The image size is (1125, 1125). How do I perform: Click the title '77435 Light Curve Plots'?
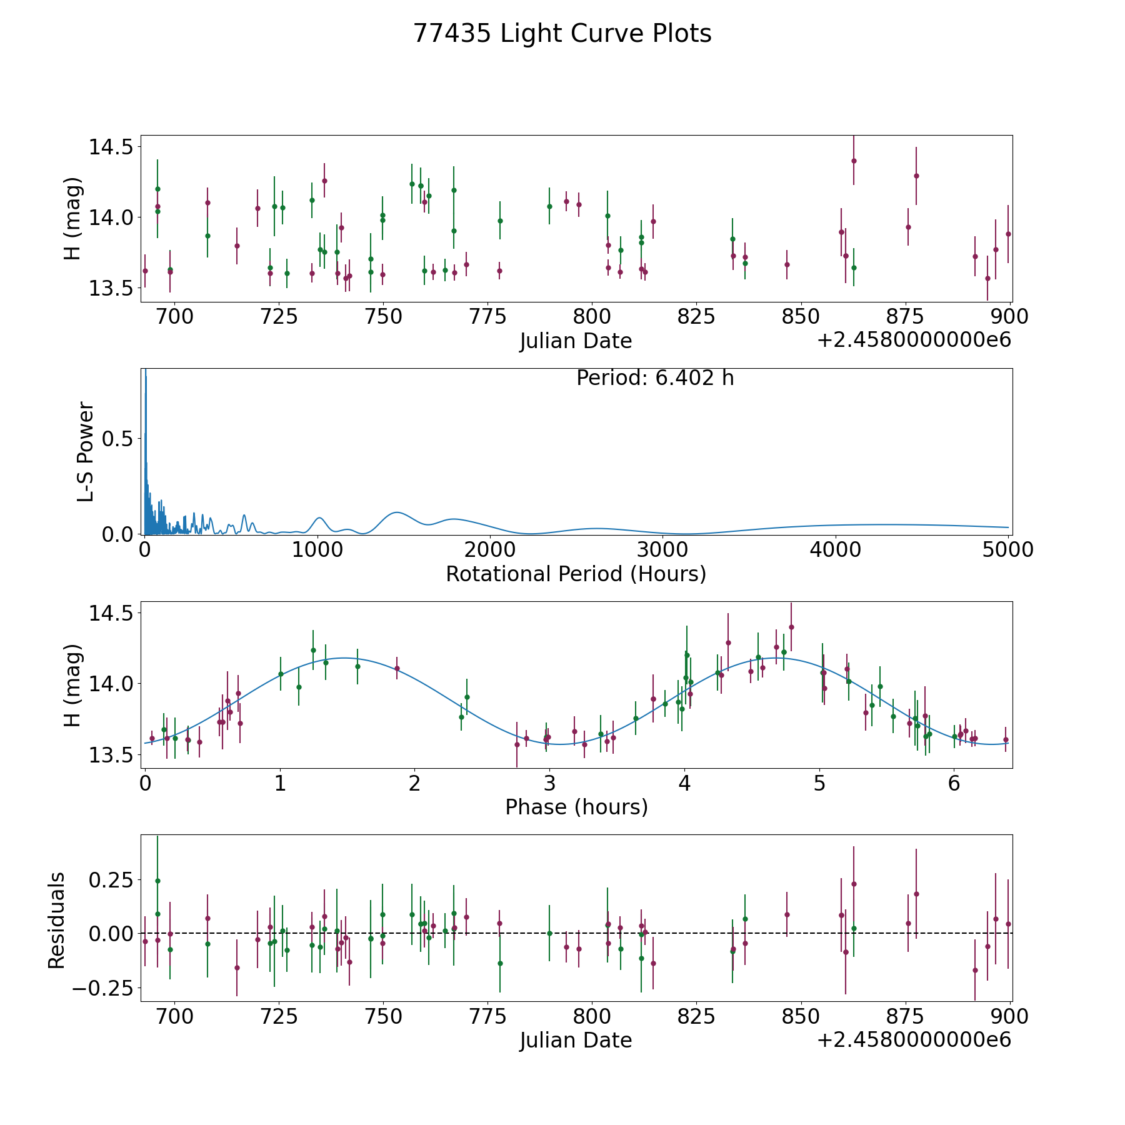(x=562, y=34)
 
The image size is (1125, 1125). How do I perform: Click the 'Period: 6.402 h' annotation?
(x=655, y=378)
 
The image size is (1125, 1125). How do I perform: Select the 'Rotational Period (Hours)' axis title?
(x=576, y=574)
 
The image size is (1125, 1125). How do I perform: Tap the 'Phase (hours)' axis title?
(x=576, y=807)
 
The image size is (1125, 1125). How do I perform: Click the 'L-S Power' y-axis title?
(x=86, y=452)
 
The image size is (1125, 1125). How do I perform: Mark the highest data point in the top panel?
(x=854, y=161)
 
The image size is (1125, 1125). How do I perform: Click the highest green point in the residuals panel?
(x=157, y=881)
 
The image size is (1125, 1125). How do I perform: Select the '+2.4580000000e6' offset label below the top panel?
(x=914, y=340)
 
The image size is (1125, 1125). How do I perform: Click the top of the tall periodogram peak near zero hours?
(x=146, y=369)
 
